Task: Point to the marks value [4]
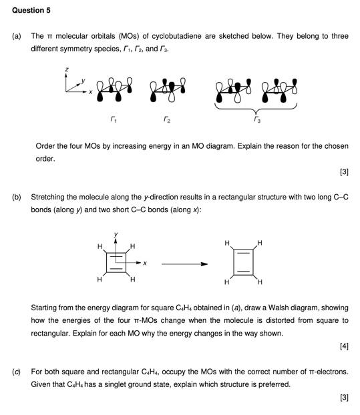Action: [x=343, y=346]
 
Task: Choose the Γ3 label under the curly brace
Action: [x=256, y=121]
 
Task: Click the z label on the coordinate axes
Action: [x=66, y=69]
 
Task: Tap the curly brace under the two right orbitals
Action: [x=256, y=108]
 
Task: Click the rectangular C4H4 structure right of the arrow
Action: [x=243, y=264]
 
